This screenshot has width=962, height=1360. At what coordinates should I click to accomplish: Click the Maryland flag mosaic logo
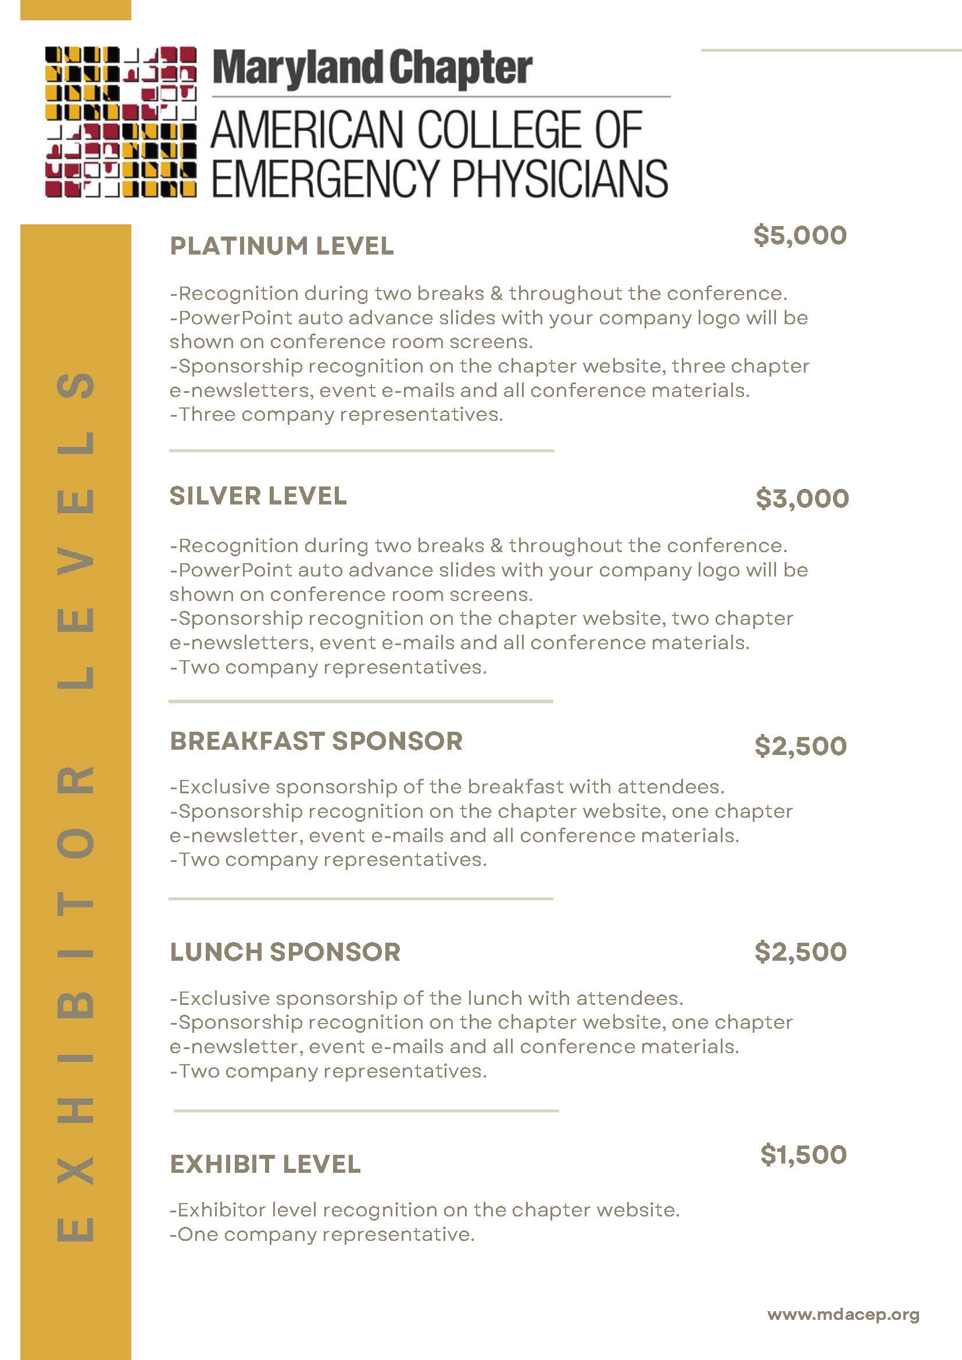[x=121, y=122]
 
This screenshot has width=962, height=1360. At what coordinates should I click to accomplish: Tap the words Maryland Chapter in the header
[x=372, y=69]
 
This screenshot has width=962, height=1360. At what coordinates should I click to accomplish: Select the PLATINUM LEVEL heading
[x=281, y=246]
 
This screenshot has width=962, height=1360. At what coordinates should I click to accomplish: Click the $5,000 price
[x=800, y=235]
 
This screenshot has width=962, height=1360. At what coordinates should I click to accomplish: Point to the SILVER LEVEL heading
[x=258, y=496]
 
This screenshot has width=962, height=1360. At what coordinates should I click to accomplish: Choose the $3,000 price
[x=802, y=498]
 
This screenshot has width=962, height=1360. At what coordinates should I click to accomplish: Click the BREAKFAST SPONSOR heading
[x=316, y=741]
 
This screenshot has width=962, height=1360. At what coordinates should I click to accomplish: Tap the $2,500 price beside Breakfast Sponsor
[x=800, y=746]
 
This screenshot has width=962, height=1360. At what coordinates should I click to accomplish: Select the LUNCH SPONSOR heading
[x=285, y=952]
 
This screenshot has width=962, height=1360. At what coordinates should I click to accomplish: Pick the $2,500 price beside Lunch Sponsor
[x=800, y=951]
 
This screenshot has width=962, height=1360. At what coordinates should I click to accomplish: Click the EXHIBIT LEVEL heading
[x=265, y=1164]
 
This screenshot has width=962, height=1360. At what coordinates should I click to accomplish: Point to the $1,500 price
[x=803, y=1154]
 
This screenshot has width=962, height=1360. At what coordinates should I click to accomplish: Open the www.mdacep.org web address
[x=843, y=1315]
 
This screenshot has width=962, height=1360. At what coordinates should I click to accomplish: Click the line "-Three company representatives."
[x=336, y=414]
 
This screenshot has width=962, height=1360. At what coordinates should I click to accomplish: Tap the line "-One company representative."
[x=321, y=1234]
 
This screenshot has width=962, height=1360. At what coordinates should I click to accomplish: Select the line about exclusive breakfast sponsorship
[x=446, y=786]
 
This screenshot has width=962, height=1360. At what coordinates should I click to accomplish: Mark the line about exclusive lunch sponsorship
[x=426, y=998]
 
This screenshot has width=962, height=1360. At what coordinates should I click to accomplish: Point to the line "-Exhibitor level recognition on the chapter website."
[x=424, y=1209]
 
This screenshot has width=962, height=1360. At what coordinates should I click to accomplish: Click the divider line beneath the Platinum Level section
[x=362, y=450]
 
